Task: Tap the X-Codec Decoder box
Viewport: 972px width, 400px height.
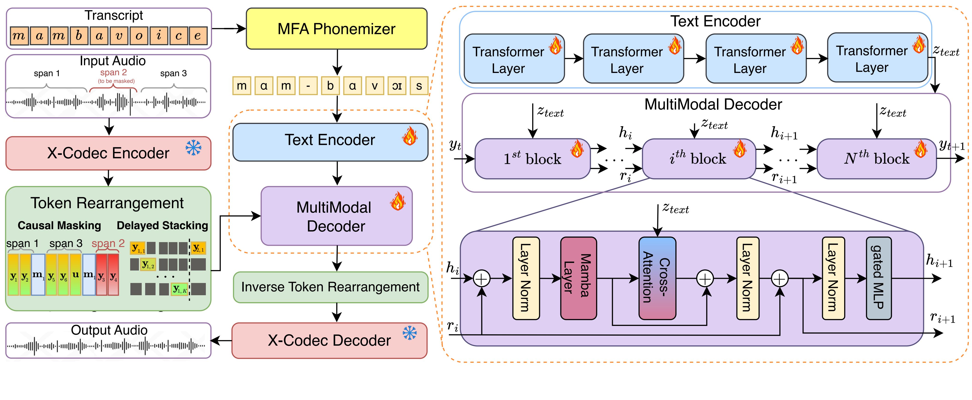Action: [x=329, y=340]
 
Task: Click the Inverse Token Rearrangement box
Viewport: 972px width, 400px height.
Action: [x=330, y=287]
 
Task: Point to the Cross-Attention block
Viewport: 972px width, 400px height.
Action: [x=657, y=278]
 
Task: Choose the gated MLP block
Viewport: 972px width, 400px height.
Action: [x=878, y=278]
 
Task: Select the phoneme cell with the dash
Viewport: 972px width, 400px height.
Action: [x=308, y=86]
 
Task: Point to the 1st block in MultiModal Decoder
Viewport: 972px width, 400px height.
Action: [x=532, y=159]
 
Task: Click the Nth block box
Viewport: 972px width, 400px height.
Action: [x=876, y=159]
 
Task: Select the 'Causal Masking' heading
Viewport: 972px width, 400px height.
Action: [x=59, y=226]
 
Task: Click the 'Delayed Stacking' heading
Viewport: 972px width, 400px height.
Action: [x=162, y=226]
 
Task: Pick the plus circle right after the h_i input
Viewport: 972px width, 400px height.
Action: [x=481, y=279]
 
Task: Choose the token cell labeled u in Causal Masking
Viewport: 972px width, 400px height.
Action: [x=75, y=274]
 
